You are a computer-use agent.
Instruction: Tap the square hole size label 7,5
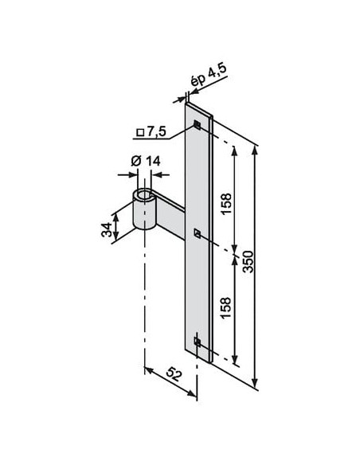156,131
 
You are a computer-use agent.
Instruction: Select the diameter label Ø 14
146,161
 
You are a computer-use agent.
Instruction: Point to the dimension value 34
107,229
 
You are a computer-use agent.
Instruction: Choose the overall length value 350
248,262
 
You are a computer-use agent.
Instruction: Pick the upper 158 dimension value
226,204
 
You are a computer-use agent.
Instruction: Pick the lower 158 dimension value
226,308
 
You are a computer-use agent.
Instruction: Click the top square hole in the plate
198,125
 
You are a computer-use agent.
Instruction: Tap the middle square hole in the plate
198,233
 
